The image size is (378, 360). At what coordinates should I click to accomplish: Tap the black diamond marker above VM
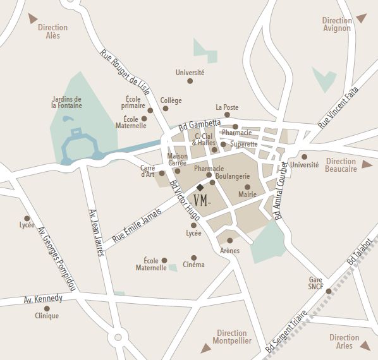tap(200, 188)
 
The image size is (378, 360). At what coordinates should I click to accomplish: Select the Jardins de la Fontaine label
tap(66, 102)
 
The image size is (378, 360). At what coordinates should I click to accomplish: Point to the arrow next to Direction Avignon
tap(361, 18)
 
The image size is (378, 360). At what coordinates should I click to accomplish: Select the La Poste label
tap(227, 107)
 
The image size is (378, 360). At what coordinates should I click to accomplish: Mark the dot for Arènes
tap(229, 241)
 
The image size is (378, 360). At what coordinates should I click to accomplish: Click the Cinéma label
tap(193, 265)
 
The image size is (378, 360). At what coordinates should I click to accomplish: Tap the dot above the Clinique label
tap(47, 308)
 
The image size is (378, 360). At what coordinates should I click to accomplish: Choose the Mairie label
tap(247, 195)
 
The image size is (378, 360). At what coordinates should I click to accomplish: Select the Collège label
tap(171, 100)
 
